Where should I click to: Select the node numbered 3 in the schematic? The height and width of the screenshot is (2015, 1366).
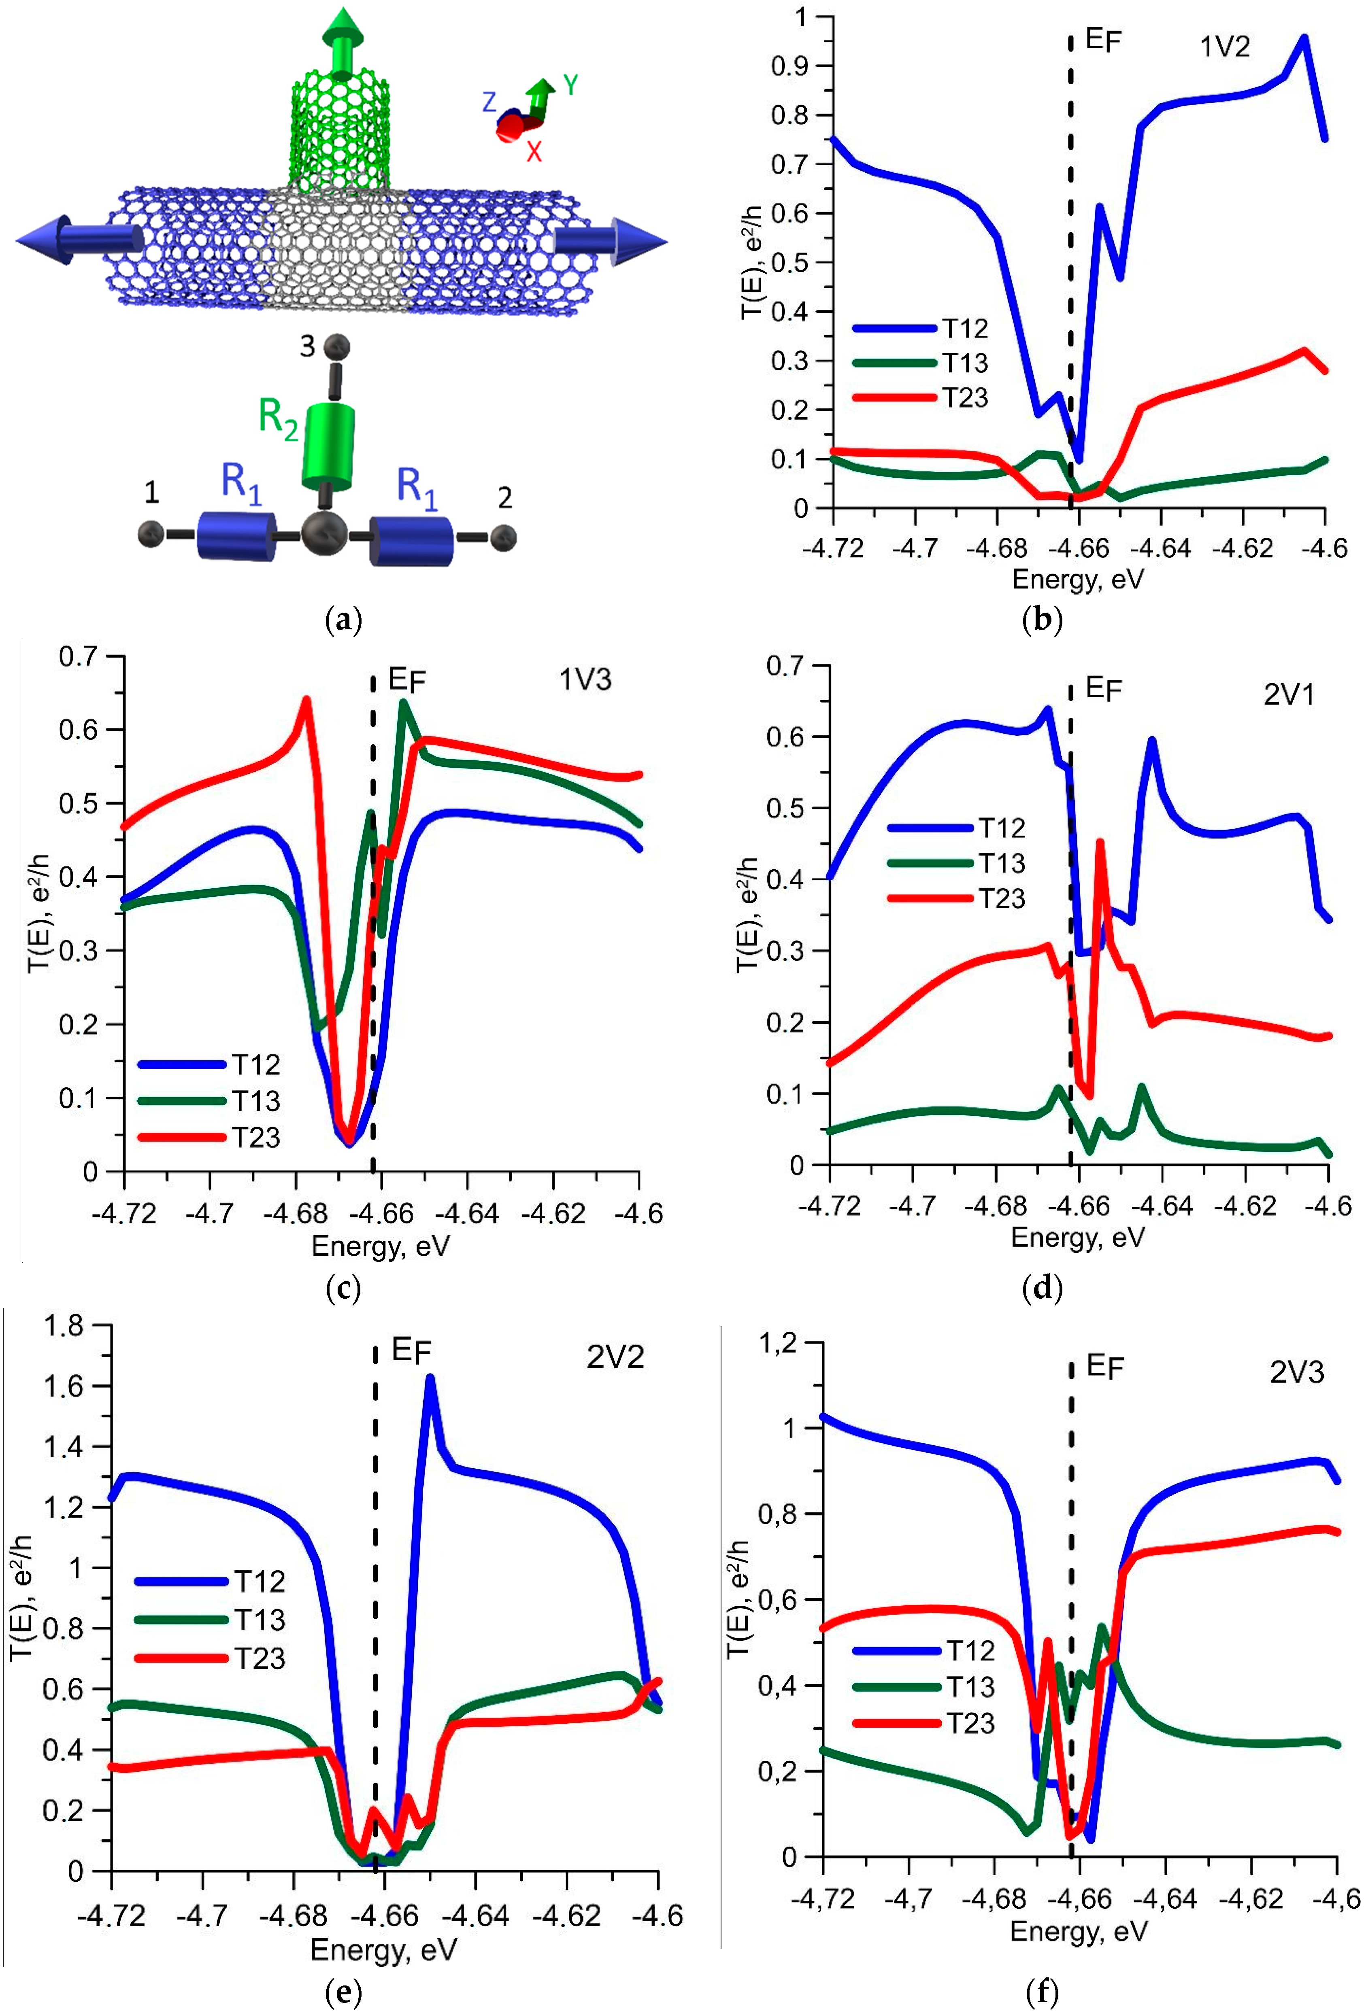pyautogui.click(x=336, y=347)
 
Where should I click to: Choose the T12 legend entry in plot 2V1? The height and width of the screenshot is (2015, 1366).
pyautogui.click(x=1002, y=828)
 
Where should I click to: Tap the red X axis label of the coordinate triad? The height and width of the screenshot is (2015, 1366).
pyautogui.click(x=533, y=152)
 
